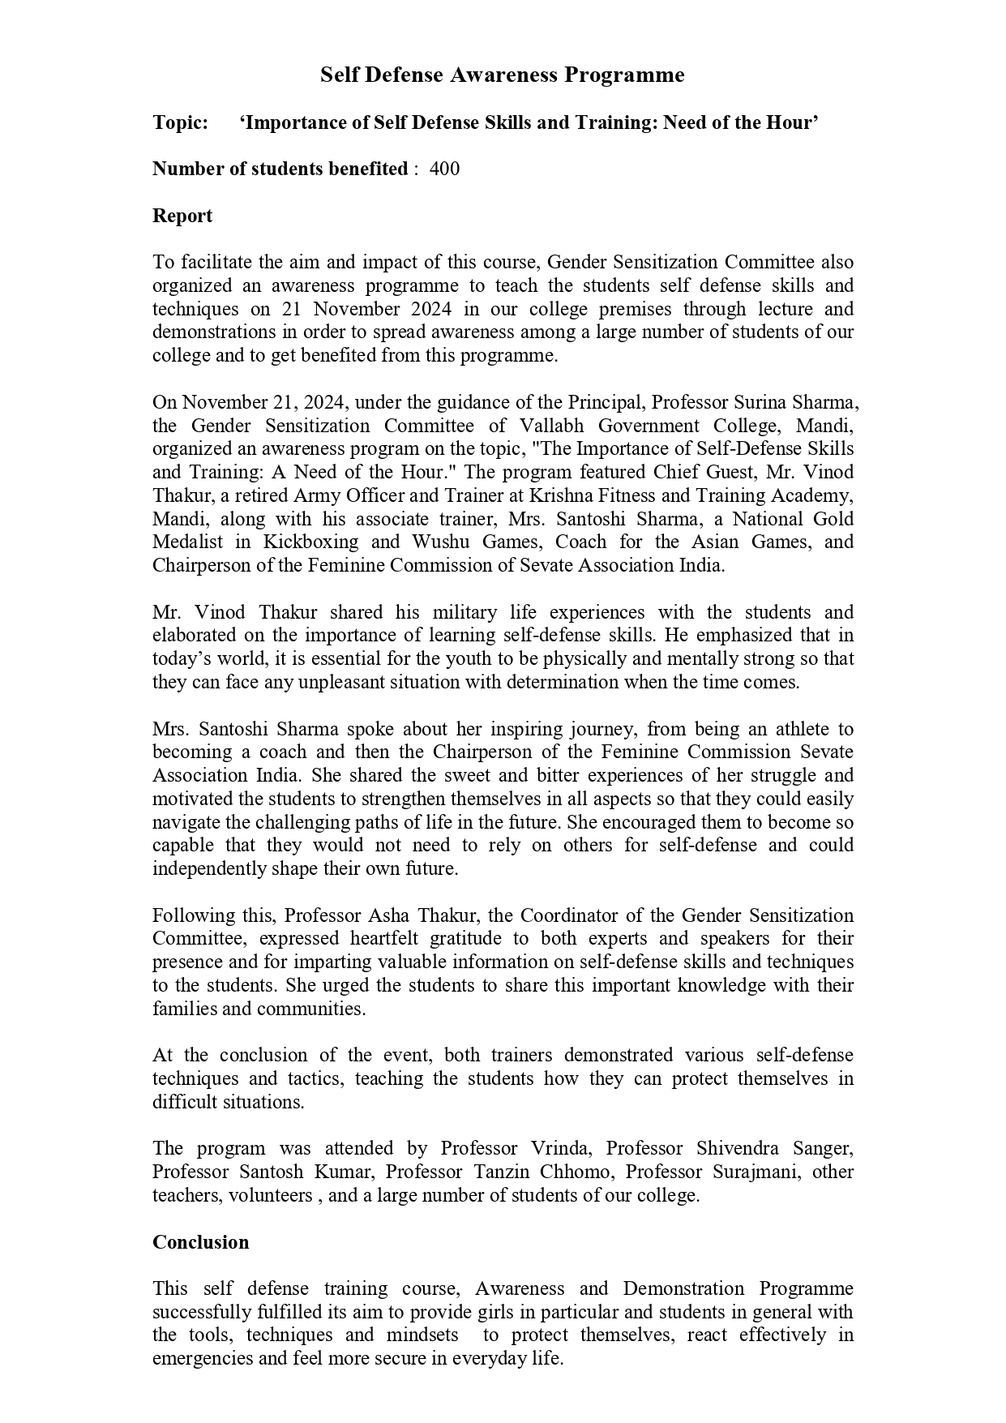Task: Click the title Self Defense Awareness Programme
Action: pos(502,75)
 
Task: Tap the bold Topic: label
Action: pos(180,122)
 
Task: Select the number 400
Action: pos(444,169)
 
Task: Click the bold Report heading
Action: pos(182,216)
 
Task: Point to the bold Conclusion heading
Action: pos(200,1242)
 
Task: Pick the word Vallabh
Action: pos(563,426)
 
